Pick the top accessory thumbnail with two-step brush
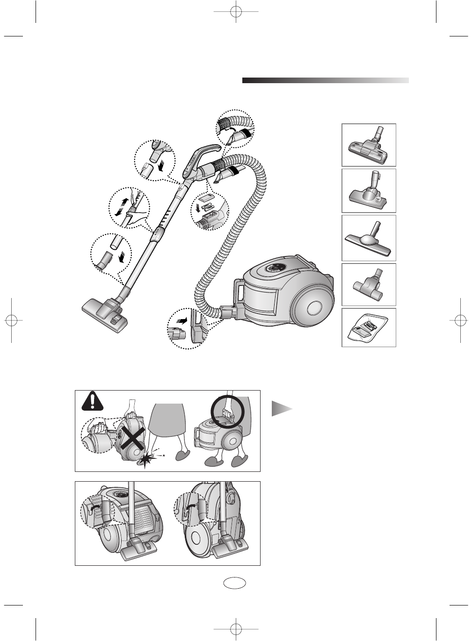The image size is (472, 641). [369, 145]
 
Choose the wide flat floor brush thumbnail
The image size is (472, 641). [369, 238]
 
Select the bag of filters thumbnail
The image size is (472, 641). [369, 328]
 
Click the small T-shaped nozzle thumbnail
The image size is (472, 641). [369, 285]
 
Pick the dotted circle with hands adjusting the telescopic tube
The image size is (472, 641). [129, 208]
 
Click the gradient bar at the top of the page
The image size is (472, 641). [325, 80]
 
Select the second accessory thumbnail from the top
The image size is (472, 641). [369, 191]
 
